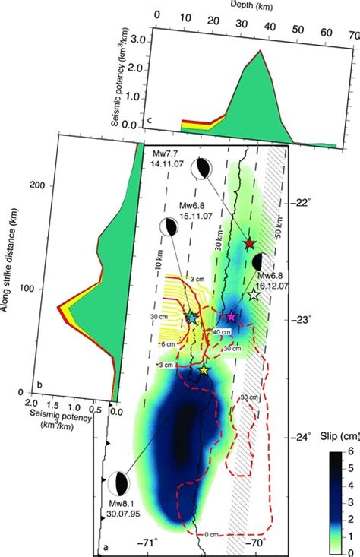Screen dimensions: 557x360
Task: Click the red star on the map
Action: click(x=250, y=243)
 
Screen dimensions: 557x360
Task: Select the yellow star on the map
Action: click(x=204, y=369)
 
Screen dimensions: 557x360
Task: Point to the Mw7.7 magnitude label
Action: click(x=162, y=154)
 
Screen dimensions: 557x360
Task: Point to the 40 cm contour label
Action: click(x=222, y=332)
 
